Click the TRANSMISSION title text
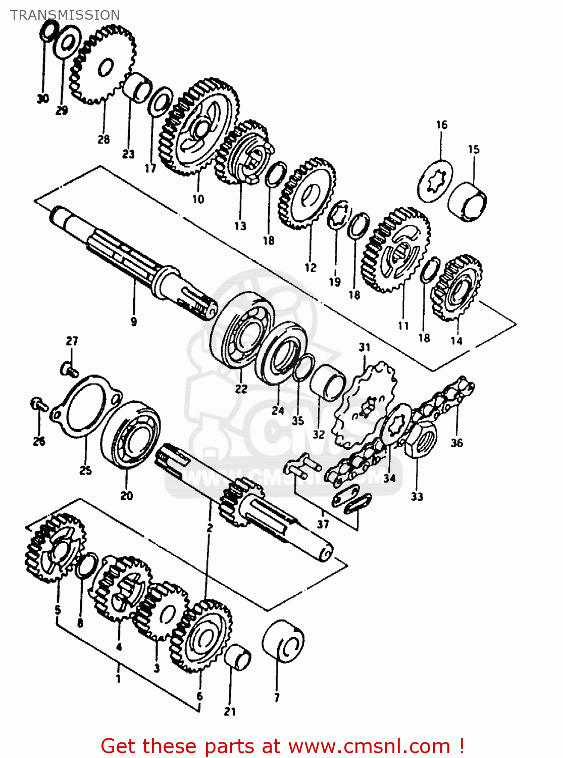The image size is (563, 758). coord(65,15)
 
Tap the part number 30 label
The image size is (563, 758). coord(43,99)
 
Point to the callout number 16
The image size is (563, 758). coord(442,125)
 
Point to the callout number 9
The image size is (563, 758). coord(134,321)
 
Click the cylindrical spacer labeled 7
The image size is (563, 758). coord(283,641)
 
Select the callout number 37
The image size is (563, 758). coord(323,524)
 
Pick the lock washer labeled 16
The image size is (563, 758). coord(435,180)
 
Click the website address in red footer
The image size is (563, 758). coord(369,746)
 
